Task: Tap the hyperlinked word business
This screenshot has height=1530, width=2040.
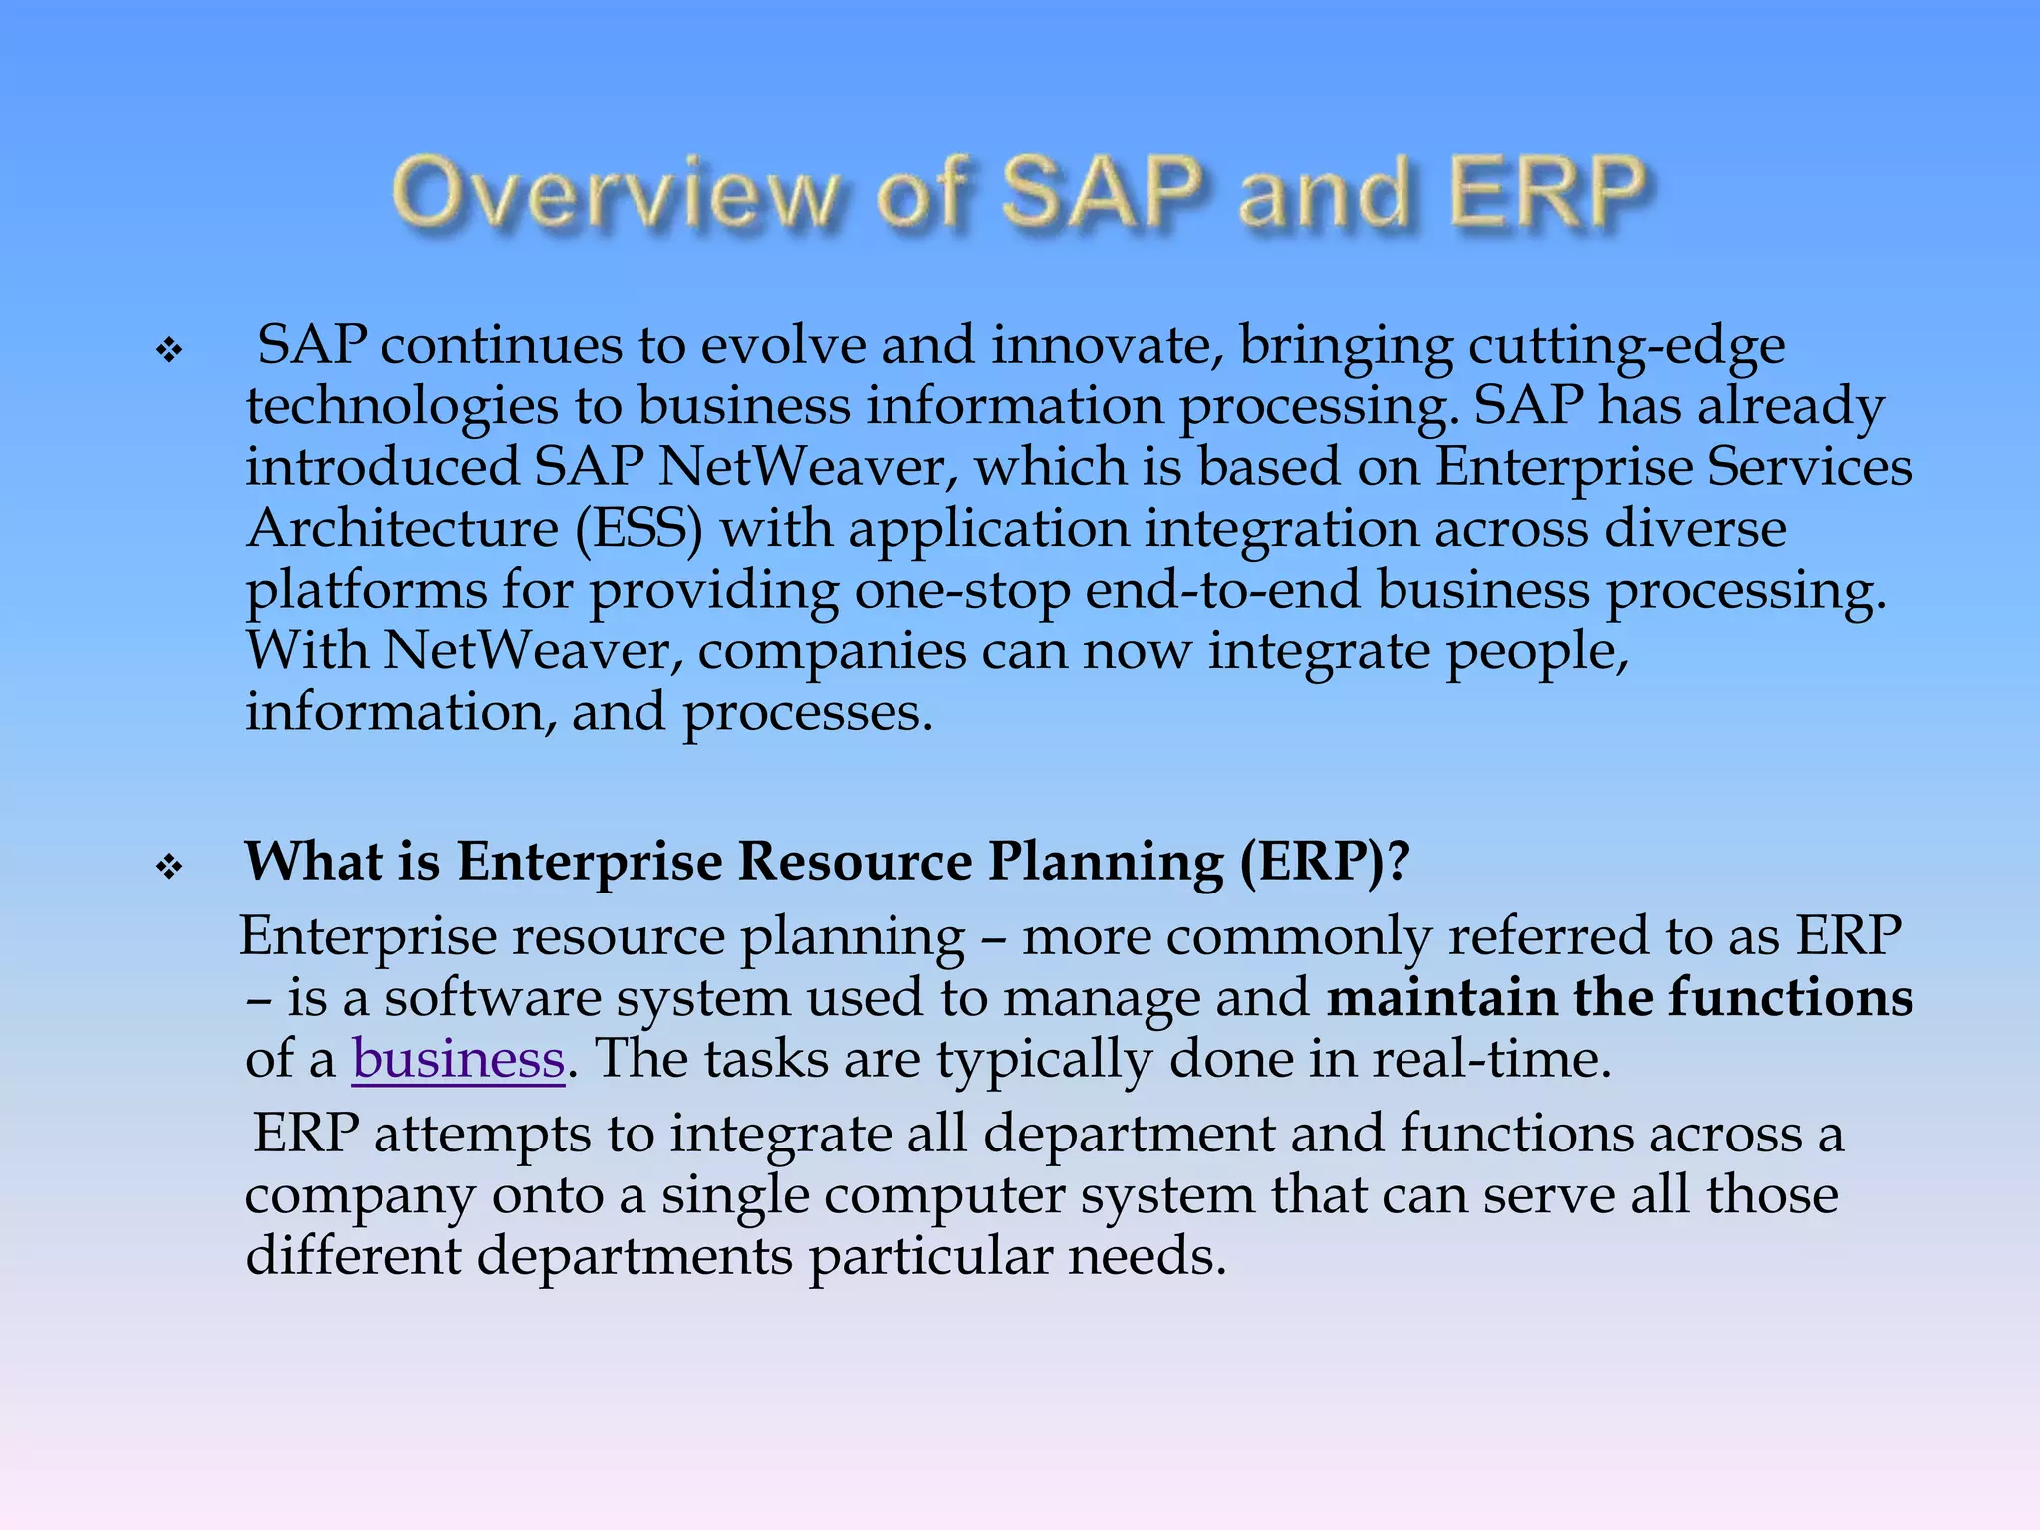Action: point(458,1058)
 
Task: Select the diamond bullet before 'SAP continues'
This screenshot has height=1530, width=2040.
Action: point(170,351)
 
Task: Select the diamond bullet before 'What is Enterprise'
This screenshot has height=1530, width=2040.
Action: point(170,867)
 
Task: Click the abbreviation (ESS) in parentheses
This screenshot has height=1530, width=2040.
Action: point(638,528)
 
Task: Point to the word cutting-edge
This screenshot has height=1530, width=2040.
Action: point(1626,347)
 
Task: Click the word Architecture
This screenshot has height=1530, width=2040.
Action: point(402,528)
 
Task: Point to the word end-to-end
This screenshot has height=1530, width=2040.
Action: point(1222,590)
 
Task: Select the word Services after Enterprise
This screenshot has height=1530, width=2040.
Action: point(1809,467)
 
